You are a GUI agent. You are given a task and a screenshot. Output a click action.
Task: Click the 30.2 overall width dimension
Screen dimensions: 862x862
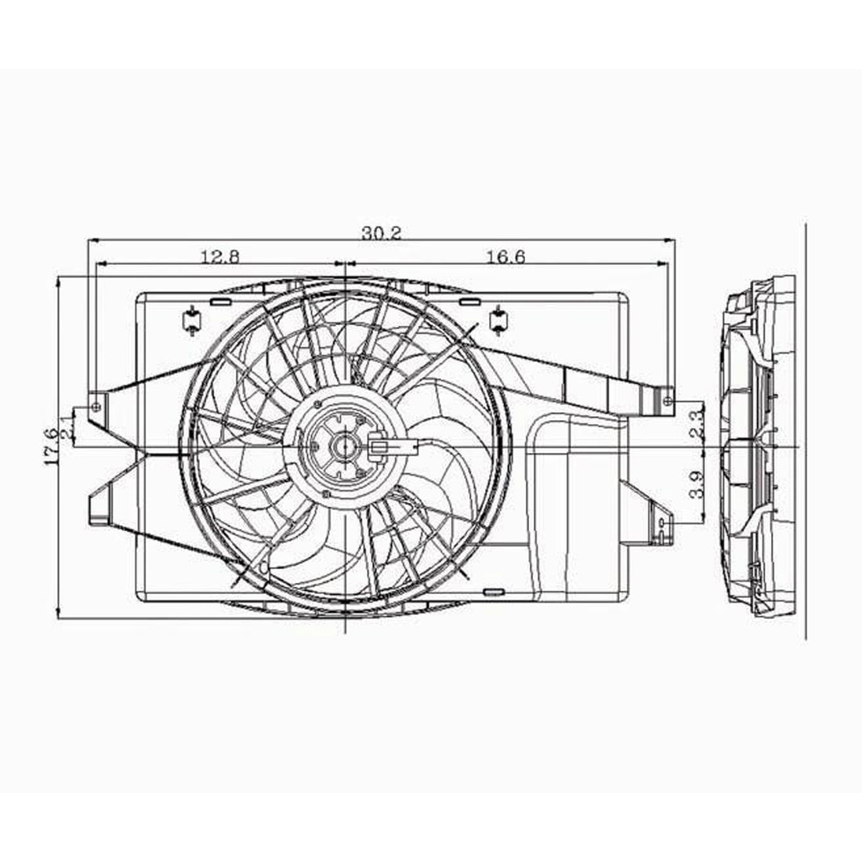381,233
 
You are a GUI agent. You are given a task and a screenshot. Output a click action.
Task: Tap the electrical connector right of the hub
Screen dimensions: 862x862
389,448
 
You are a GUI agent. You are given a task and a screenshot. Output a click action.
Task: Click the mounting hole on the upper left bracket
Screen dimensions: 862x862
96,406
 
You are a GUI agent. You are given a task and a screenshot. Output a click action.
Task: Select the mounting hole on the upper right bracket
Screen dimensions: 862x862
667,401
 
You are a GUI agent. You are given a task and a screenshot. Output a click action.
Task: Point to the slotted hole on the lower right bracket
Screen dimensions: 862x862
662,520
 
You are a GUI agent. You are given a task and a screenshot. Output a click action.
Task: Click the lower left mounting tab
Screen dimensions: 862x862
100,508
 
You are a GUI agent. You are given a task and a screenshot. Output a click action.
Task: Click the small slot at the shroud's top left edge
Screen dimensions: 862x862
221,301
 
